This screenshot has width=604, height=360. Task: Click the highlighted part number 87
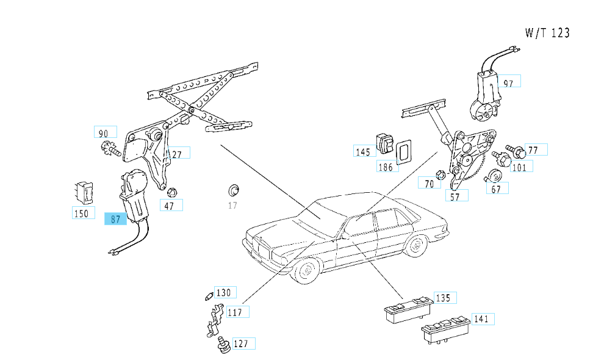(115, 219)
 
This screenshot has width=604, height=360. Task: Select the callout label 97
(509, 82)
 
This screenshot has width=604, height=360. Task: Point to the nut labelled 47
(171, 191)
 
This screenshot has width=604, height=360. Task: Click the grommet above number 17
(232, 187)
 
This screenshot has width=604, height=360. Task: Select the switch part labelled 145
(385, 143)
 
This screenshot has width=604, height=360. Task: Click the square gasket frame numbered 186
(402, 151)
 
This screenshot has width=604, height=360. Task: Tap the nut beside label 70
(441, 175)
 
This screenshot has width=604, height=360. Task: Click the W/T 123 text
(547, 33)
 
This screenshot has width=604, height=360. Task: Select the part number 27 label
(176, 154)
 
